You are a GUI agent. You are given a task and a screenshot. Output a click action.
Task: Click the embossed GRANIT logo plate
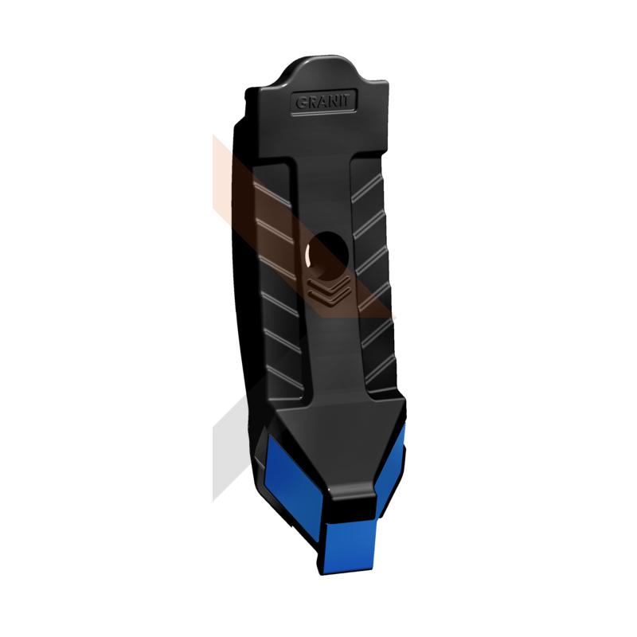click(324, 102)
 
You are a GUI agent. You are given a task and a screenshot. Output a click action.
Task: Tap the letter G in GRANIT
click(301, 104)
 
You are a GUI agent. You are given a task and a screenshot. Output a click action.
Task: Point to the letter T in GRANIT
click(346, 100)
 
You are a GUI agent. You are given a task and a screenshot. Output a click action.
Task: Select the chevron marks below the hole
click(329, 291)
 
